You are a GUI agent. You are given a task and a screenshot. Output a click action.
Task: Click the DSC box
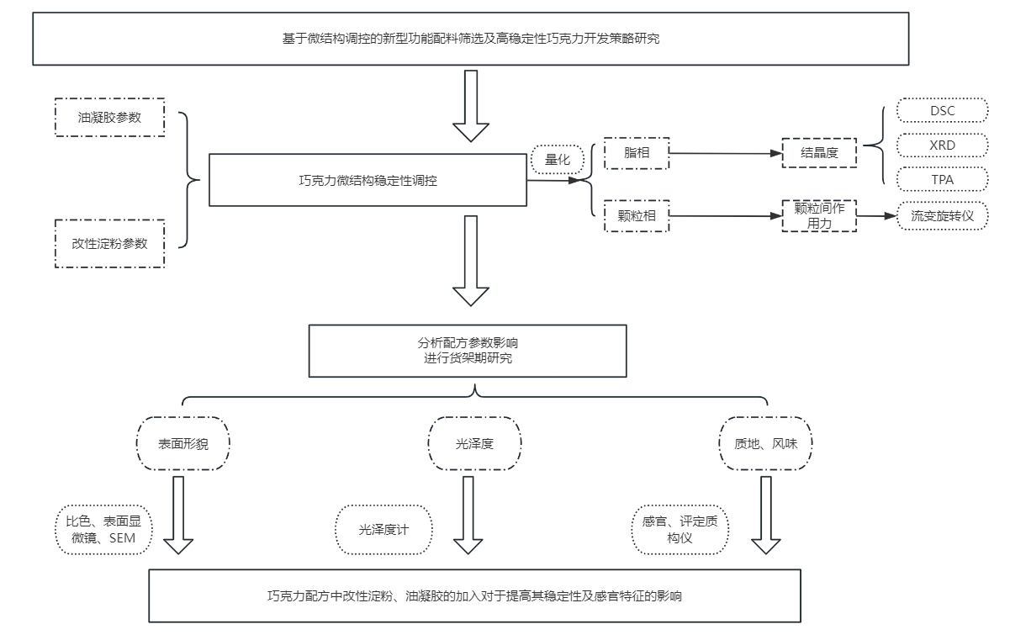click(x=943, y=111)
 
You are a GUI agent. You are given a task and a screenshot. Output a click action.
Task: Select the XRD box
click(x=943, y=145)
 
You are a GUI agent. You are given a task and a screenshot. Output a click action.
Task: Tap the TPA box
click(x=943, y=179)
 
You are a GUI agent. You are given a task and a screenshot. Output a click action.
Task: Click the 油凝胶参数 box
click(x=109, y=118)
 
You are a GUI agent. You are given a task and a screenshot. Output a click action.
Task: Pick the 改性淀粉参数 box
click(x=109, y=244)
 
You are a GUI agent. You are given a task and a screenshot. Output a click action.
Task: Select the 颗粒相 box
click(x=637, y=215)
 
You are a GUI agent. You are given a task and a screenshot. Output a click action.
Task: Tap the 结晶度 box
click(x=819, y=153)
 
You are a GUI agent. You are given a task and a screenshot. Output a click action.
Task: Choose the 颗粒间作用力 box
click(x=819, y=215)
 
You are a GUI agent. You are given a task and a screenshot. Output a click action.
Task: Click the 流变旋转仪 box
click(x=942, y=216)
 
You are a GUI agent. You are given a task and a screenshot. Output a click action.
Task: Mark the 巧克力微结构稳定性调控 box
click(x=368, y=180)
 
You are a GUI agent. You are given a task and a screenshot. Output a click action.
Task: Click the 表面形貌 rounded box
click(x=183, y=442)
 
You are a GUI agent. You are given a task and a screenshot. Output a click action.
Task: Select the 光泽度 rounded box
click(x=474, y=442)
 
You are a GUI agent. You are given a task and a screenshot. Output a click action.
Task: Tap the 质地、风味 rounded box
click(x=765, y=442)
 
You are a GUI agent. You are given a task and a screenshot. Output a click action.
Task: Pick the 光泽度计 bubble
click(x=383, y=530)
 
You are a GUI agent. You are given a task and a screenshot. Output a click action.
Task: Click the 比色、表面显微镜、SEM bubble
click(x=105, y=529)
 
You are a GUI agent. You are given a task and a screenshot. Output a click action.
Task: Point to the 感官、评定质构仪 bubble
click(x=680, y=529)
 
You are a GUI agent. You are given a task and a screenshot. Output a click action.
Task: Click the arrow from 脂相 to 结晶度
click(x=723, y=153)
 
